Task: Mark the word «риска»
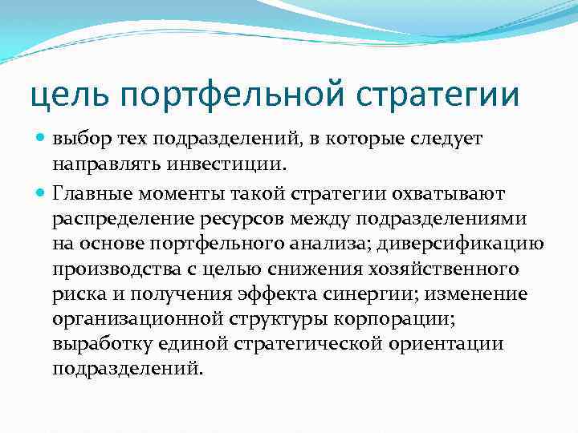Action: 75,295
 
